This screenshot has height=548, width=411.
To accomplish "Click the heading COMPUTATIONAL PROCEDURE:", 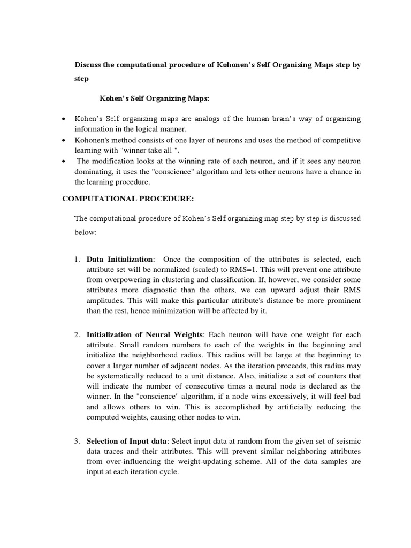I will point(128,199).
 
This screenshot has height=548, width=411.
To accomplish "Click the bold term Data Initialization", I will point(119,259).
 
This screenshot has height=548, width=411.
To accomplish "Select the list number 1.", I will point(77,259).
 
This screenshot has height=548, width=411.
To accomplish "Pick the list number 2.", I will point(77,334).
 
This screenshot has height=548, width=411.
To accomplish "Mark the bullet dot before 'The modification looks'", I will point(64,161).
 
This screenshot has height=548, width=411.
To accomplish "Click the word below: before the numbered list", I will point(85,233).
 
